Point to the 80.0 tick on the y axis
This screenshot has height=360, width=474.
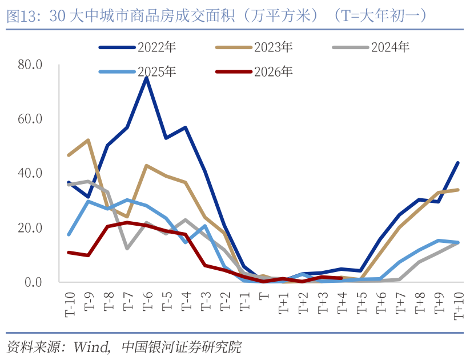pos(30,65)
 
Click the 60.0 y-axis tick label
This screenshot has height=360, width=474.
pos(30,119)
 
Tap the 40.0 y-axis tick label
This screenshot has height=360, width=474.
pos(30,173)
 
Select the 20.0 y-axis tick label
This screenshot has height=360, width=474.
pos(30,228)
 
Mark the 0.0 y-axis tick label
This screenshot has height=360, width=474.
pos(33,282)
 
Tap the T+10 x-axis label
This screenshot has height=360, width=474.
pos(457,304)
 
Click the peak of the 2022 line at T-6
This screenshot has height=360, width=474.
pos(147,78)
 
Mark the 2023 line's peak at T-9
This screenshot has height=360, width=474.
pos(88,140)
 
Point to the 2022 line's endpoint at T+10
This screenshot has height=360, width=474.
pos(457,163)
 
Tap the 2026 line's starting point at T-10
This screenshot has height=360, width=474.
pos(69,252)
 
